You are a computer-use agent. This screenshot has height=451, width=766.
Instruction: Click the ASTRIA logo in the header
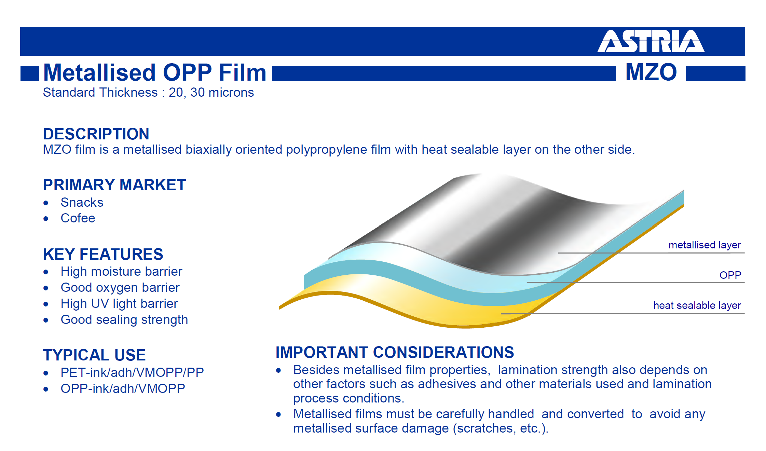pyautogui.click(x=651, y=41)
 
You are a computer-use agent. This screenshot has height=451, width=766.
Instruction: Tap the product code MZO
pyautogui.click(x=651, y=72)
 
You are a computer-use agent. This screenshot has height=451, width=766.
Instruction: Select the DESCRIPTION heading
pyautogui.click(x=96, y=134)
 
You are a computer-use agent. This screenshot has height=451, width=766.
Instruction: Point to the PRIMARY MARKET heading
pyautogui.click(x=114, y=185)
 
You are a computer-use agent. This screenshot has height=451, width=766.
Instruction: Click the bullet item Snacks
pyautogui.click(x=82, y=202)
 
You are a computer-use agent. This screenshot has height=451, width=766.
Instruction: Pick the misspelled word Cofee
pyautogui.click(x=78, y=218)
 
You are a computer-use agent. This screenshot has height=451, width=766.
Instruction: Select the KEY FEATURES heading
pyautogui.click(x=103, y=254)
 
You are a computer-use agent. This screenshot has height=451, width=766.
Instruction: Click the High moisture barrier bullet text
pyautogui.click(x=121, y=272)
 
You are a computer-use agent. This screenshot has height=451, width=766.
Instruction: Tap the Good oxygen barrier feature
pyautogui.click(x=120, y=288)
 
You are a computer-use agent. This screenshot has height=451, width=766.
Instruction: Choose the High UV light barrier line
pyautogui.click(x=119, y=304)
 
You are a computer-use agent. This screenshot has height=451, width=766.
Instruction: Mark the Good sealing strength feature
pyautogui.click(x=124, y=320)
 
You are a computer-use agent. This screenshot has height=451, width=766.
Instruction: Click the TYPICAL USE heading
pyautogui.click(x=94, y=355)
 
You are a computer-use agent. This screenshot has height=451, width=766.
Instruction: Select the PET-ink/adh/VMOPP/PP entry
pyautogui.click(x=132, y=372)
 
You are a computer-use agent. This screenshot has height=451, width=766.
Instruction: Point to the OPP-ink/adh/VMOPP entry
pyautogui.click(x=123, y=388)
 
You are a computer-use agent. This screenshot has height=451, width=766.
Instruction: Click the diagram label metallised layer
pyautogui.click(x=705, y=245)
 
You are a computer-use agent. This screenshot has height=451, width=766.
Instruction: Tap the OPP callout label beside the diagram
pyautogui.click(x=730, y=275)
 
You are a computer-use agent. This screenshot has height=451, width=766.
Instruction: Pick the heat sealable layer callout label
pyautogui.click(x=697, y=305)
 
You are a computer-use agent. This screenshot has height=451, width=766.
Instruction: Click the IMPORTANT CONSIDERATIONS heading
pyautogui.click(x=395, y=352)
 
